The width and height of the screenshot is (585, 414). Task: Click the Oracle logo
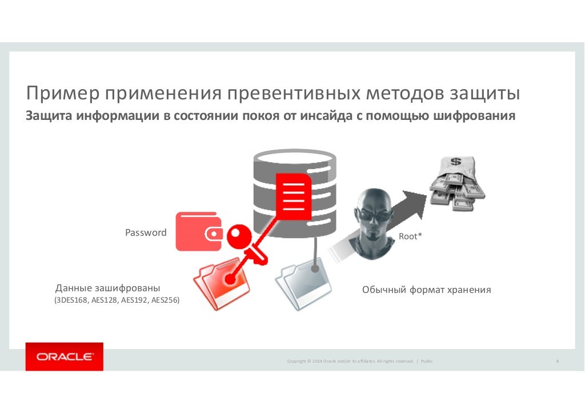(65, 357)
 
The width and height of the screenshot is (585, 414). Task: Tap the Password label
(146, 233)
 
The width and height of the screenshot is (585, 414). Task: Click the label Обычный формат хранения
(426, 290)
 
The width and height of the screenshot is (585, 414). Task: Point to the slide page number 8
(556, 361)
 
